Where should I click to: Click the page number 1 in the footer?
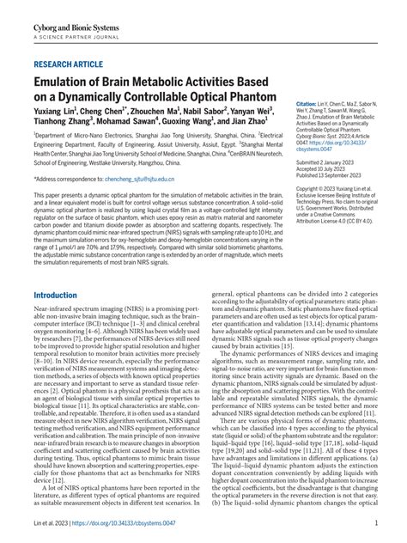pyautogui.click(x=376, y=522)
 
